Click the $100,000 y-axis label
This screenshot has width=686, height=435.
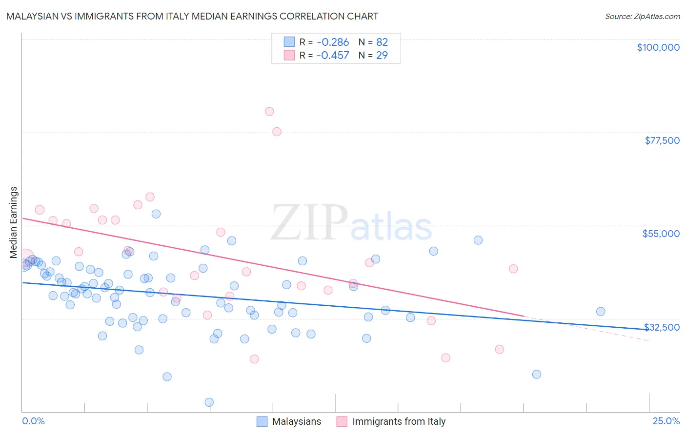point(658,47)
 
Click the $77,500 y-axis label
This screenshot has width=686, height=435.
point(662,140)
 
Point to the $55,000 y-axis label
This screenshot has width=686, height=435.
point(661,234)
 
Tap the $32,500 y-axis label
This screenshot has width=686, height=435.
point(662,327)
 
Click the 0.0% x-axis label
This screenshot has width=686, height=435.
point(33,421)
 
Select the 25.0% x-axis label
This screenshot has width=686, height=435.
point(666,421)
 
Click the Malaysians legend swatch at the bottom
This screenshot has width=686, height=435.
point(262,421)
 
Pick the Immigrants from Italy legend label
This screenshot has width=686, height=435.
point(399,421)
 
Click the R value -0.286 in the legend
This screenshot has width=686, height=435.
point(332,42)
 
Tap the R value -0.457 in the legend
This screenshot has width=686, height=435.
point(332,56)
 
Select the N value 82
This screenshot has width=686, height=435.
point(382,42)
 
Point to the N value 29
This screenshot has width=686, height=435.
point(382,56)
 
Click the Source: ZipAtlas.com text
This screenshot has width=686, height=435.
point(642,16)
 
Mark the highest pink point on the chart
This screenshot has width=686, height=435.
point(269,112)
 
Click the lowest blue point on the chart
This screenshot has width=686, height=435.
point(209,402)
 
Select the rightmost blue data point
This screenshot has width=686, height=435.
point(601,312)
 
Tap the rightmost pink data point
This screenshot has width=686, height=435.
point(513,269)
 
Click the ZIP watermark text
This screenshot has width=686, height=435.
point(309,223)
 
